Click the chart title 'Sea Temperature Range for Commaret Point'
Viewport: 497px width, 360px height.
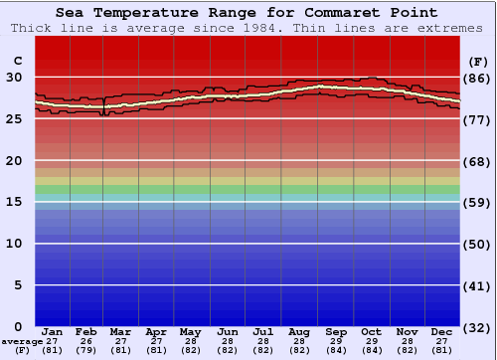(247, 13)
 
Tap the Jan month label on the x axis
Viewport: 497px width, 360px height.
(53, 331)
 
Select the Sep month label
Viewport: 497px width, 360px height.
(336, 331)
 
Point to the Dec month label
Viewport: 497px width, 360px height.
(442, 331)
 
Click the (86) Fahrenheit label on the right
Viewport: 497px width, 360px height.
(478, 78)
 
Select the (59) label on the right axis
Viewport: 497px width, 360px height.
(478, 202)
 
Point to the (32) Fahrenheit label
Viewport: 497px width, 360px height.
(478, 327)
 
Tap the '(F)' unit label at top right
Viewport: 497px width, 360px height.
(478, 61)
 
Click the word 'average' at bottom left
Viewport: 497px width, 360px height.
(22, 341)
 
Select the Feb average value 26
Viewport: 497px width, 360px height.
(86, 341)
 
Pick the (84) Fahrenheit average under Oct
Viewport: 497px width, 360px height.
(372, 350)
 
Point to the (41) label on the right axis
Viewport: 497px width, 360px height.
(478, 285)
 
